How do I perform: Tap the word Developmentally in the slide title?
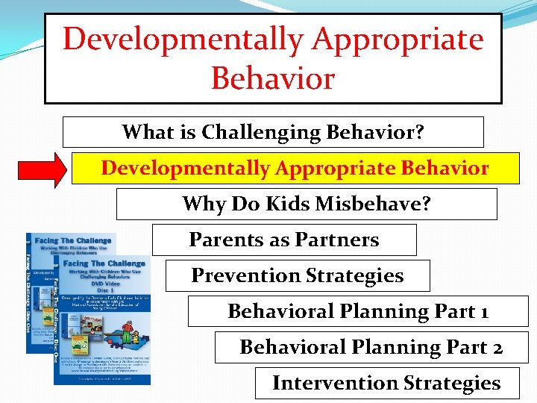(183, 39)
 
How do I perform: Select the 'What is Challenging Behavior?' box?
(273, 132)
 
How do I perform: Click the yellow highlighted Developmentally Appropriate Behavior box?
(295, 168)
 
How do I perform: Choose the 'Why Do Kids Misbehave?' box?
(307, 204)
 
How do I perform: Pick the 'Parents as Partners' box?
(284, 240)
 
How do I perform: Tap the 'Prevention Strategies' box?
(298, 275)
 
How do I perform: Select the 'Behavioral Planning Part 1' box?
(358, 311)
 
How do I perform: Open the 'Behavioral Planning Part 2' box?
(371, 347)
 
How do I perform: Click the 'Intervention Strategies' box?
(386, 383)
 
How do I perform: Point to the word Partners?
(342, 240)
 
